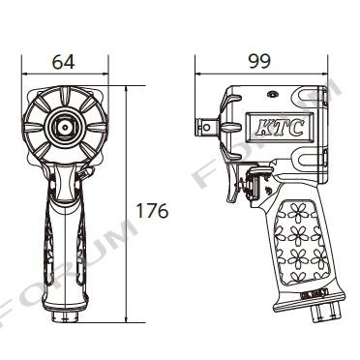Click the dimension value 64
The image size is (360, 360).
64,62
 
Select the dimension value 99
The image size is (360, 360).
259,61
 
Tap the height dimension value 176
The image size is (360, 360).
152,211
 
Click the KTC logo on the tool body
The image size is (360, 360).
280,128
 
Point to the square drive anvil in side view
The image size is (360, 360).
207,126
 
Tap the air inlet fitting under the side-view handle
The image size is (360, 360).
325,311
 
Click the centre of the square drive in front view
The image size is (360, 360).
65,127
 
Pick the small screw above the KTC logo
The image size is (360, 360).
273,95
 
